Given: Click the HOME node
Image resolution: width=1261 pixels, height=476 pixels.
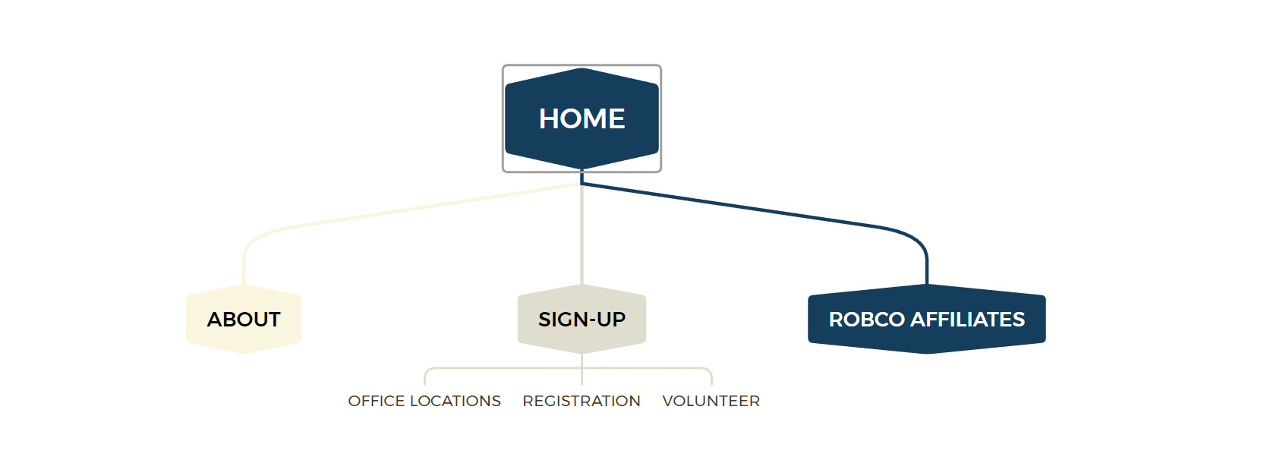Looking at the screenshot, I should pos(582,118).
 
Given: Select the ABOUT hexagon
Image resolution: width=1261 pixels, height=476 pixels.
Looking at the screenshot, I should pos(244,319).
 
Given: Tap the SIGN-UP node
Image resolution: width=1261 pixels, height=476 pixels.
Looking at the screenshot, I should pos(582,319).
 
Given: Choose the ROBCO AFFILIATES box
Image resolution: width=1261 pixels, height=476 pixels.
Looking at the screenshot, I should pos(926,319).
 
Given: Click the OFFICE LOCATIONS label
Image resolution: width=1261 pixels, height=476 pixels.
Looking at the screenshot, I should pos(424,401).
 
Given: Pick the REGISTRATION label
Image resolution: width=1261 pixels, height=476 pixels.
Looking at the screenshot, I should pos(582,401).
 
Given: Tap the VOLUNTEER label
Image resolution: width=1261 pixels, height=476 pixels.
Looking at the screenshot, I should pos(711,401).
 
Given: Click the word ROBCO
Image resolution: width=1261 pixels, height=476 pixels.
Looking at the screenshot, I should pos(866,320).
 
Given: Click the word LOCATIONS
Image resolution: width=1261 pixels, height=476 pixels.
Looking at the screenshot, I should pos(455,401).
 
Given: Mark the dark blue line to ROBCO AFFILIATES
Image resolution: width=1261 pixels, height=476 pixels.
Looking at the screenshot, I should pos(759,210).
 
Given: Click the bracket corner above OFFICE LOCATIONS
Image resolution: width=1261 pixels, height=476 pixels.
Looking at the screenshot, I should pos(427,370).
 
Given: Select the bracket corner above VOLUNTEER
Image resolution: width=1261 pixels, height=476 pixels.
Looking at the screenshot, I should pos(709,370).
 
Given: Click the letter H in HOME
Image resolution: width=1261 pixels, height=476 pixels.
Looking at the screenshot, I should pos(548,118).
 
